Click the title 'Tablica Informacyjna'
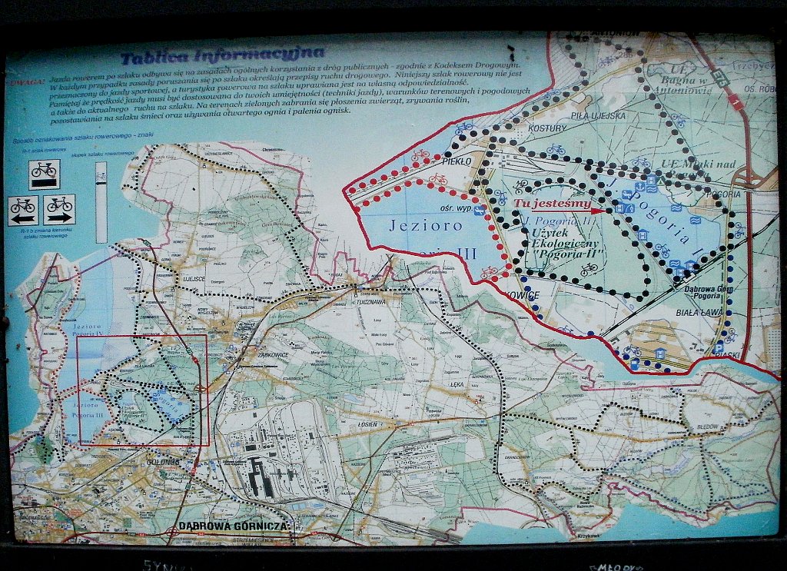coord(221,55)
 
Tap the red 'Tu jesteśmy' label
coord(553,204)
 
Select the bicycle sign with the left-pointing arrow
coord(23,208)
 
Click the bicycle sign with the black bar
coord(44,174)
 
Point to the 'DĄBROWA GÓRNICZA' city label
coord(233,526)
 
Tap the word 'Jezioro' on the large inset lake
coord(415,226)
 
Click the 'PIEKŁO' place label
coord(461,162)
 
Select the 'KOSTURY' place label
coord(548,128)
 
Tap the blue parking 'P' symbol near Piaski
coord(718,348)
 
